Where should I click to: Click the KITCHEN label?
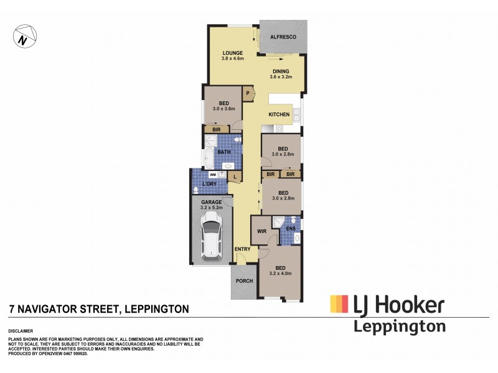(278, 115)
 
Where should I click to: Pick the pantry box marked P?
(248, 94)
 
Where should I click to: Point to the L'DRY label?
(210, 185)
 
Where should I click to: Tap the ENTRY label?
(242, 249)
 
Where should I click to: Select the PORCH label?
(242, 280)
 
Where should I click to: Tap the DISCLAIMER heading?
(20, 331)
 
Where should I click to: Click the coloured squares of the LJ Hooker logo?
(339, 303)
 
